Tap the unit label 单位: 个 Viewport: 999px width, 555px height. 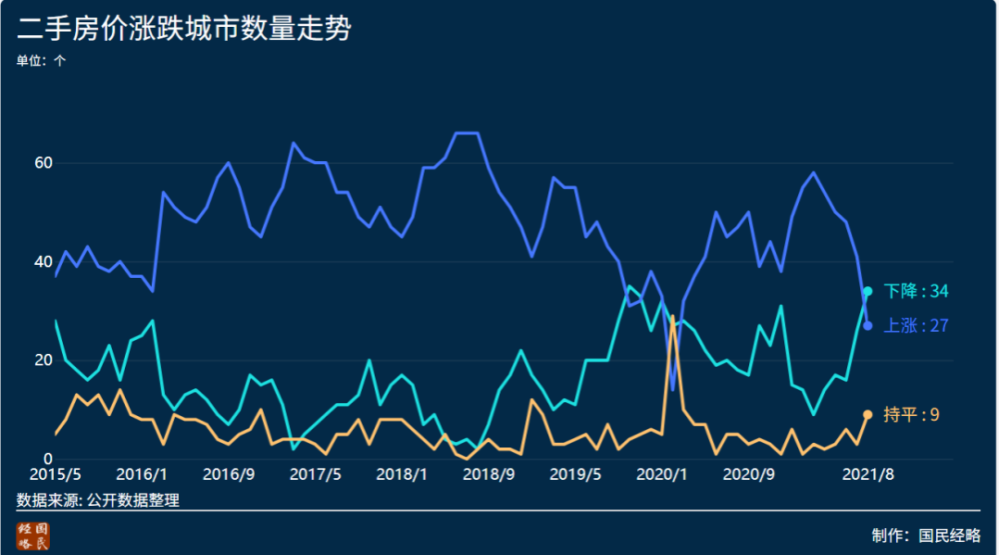(x=42, y=60)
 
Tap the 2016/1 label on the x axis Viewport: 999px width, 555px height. (x=141, y=473)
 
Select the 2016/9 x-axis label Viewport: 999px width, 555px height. (x=228, y=473)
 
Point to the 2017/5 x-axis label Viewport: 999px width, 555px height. (x=315, y=473)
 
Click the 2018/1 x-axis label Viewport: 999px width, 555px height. (x=402, y=473)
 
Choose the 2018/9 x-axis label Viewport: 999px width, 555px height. (x=489, y=473)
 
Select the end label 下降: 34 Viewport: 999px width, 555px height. (x=916, y=291)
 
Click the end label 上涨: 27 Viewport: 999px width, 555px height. (x=916, y=325)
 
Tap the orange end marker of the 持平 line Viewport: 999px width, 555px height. (x=867, y=414)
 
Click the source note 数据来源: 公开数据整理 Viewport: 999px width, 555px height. (x=98, y=499)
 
